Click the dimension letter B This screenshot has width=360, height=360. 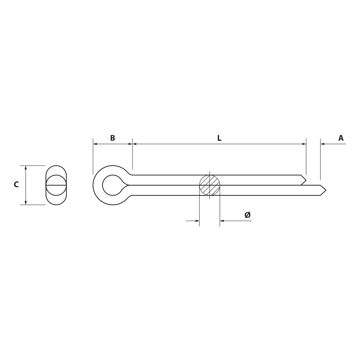(x=112, y=138)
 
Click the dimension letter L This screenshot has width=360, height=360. (x=219, y=138)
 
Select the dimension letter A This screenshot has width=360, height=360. (x=341, y=138)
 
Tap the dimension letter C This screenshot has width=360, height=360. (x=16, y=184)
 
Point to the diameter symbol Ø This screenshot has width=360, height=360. (x=248, y=215)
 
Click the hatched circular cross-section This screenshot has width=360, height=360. (x=210, y=185)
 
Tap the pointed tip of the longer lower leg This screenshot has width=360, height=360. (x=326, y=190)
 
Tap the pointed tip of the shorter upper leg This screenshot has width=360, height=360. (x=306, y=180)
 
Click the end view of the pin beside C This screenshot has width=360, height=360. (x=56, y=185)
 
